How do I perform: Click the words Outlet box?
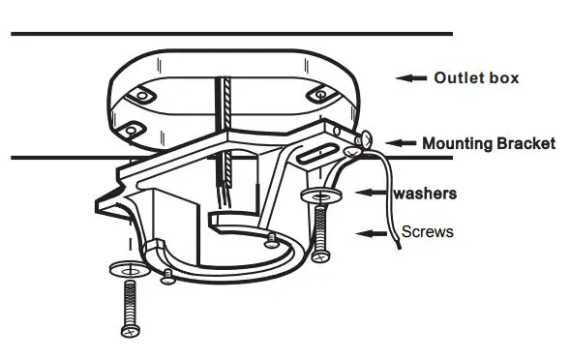(476, 77)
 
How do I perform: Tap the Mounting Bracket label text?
(489, 143)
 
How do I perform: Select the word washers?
(425, 194)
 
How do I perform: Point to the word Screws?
(428, 232)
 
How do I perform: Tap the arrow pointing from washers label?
(373, 194)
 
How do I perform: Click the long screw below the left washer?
(130, 306)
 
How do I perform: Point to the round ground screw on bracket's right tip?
(363, 140)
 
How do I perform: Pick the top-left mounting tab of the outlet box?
(140, 96)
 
